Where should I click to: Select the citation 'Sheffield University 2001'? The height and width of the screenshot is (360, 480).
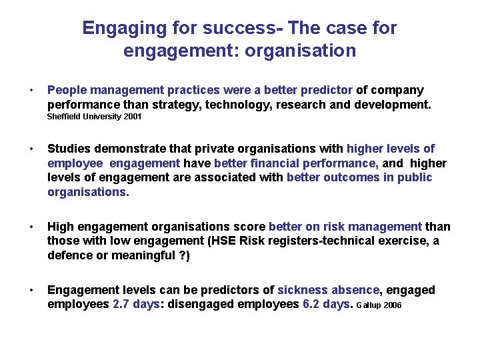coord(95,117)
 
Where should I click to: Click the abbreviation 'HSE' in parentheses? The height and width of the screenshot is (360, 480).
coord(225,241)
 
